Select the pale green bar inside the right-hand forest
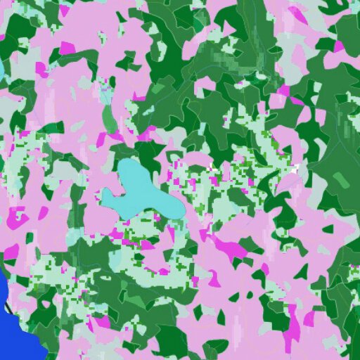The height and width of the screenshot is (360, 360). [x=340, y=180]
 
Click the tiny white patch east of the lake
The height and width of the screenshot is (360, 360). [x=295, y=169]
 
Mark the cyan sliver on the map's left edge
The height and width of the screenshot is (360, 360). [x=1, y=70]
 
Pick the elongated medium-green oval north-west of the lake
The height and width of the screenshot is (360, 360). [x=110, y=120]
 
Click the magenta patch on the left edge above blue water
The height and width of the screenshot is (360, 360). [x=11, y=252]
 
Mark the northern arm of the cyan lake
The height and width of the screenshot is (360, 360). [x=130, y=172]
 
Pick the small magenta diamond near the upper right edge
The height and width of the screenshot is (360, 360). [x=340, y=46]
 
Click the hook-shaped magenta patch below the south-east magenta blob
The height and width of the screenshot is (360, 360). [x=214, y=278]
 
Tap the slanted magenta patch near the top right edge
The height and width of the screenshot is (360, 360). [x=298, y=14]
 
